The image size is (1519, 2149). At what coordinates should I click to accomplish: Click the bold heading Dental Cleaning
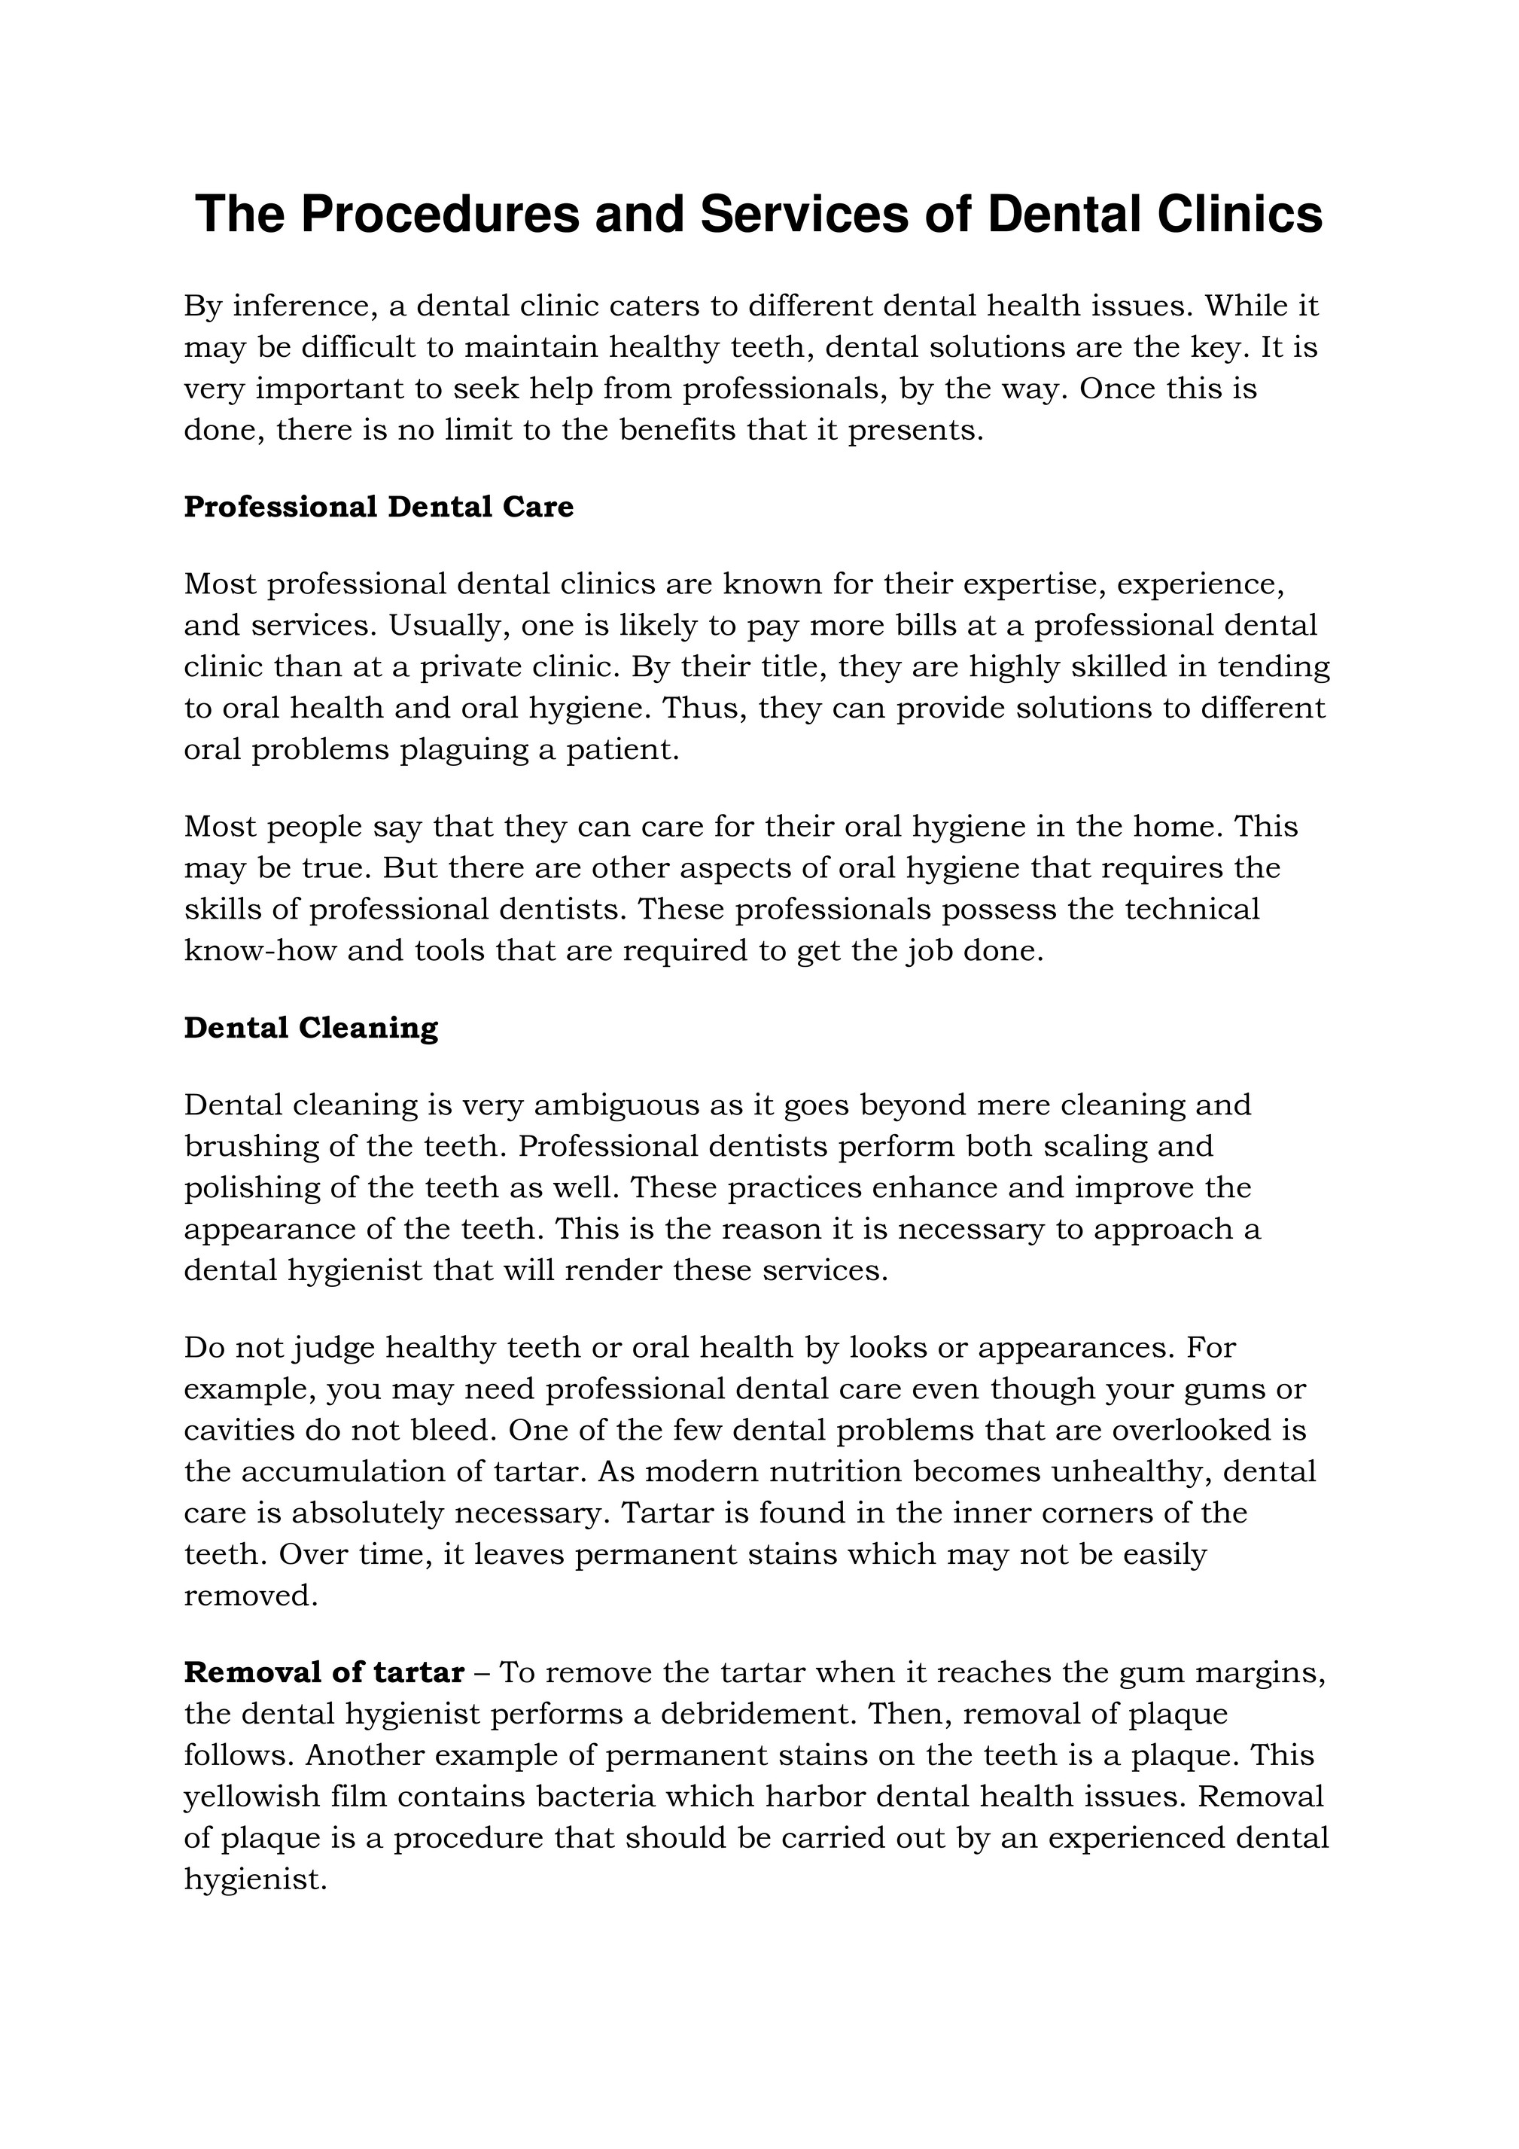coord(311,1028)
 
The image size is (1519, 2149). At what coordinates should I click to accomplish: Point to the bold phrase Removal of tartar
coord(324,1672)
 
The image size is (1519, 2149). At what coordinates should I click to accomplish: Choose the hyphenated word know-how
coord(260,951)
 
